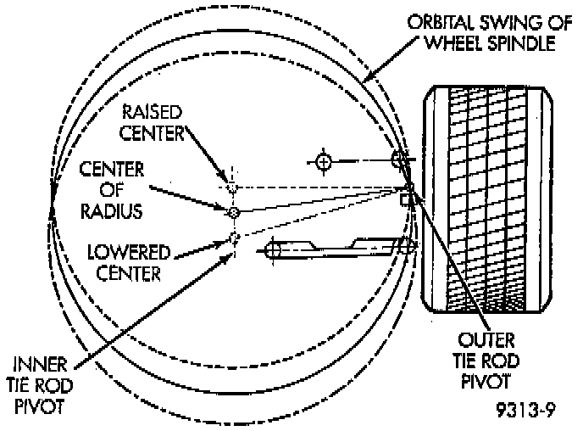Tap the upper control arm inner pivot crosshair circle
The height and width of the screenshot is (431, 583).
point(323,160)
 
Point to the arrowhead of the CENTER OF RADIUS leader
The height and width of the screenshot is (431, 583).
point(225,206)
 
